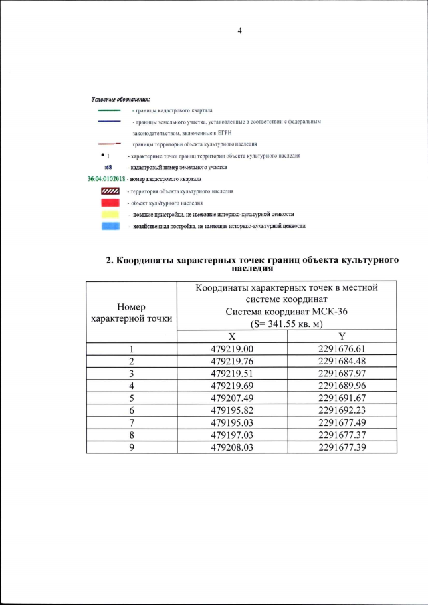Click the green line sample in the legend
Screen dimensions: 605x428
point(108,110)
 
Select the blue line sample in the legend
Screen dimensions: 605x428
point(108,122)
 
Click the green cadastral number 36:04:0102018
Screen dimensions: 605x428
point(107,179)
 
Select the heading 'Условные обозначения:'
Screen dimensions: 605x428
point(121,99)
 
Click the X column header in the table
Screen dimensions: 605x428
point(231,336)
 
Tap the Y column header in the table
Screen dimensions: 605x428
point(342,336)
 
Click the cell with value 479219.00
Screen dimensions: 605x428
point(232,348)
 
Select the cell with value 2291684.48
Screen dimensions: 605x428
point(342,360)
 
